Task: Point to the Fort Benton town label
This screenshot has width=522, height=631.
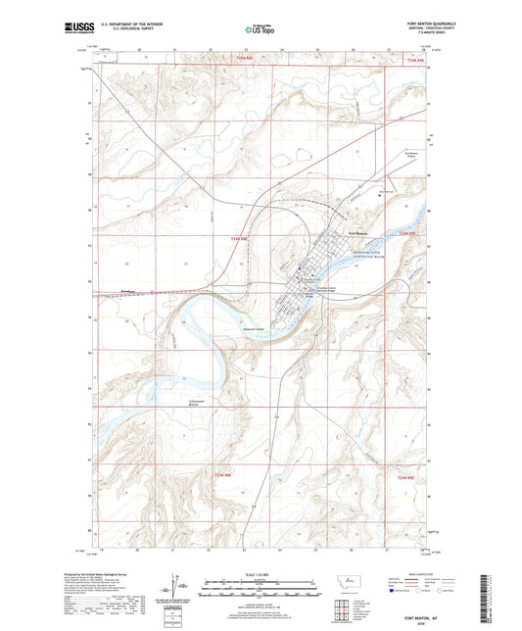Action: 359,232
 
